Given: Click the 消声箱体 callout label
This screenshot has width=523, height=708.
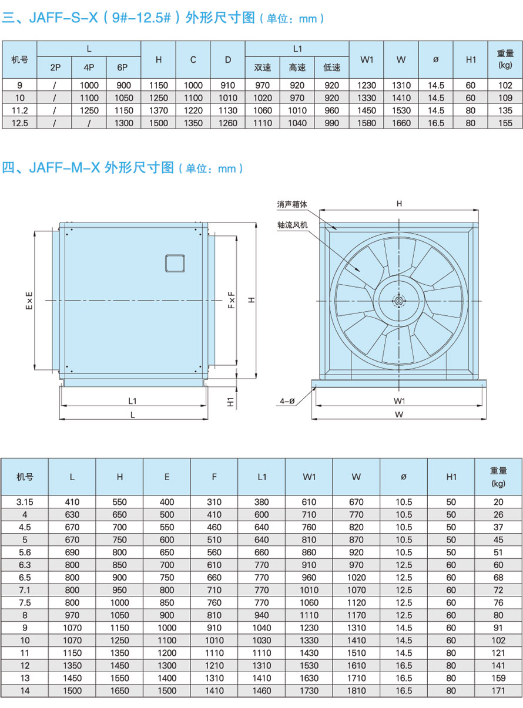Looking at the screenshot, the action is pyautogui.click(x=291, y=204).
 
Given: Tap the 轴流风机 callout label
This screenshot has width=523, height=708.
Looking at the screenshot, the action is pyautogui.click(x=292, y=225).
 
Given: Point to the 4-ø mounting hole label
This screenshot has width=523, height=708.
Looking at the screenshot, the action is pyautogui.click(x=287, y=401).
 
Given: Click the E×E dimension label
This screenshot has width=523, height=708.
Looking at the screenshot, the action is pyautogui.click(x=29, y=301).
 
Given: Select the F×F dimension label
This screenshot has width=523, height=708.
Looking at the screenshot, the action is pyautogui.click(x=232, y=300).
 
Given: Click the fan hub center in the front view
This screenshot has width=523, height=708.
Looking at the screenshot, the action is pyautogui.click(x=399, y=301).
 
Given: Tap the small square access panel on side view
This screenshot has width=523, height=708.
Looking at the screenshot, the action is pyautogui.click(x=175, y=264).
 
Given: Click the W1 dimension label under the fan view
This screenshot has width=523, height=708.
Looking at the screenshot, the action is pyautogui.click(x=399, y=401).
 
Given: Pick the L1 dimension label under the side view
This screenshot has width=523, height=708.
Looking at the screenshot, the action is pyautogui.click(x=132, y=401).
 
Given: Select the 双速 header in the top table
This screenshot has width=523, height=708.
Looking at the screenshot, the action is pyautogui.click(x=262, y=68).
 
